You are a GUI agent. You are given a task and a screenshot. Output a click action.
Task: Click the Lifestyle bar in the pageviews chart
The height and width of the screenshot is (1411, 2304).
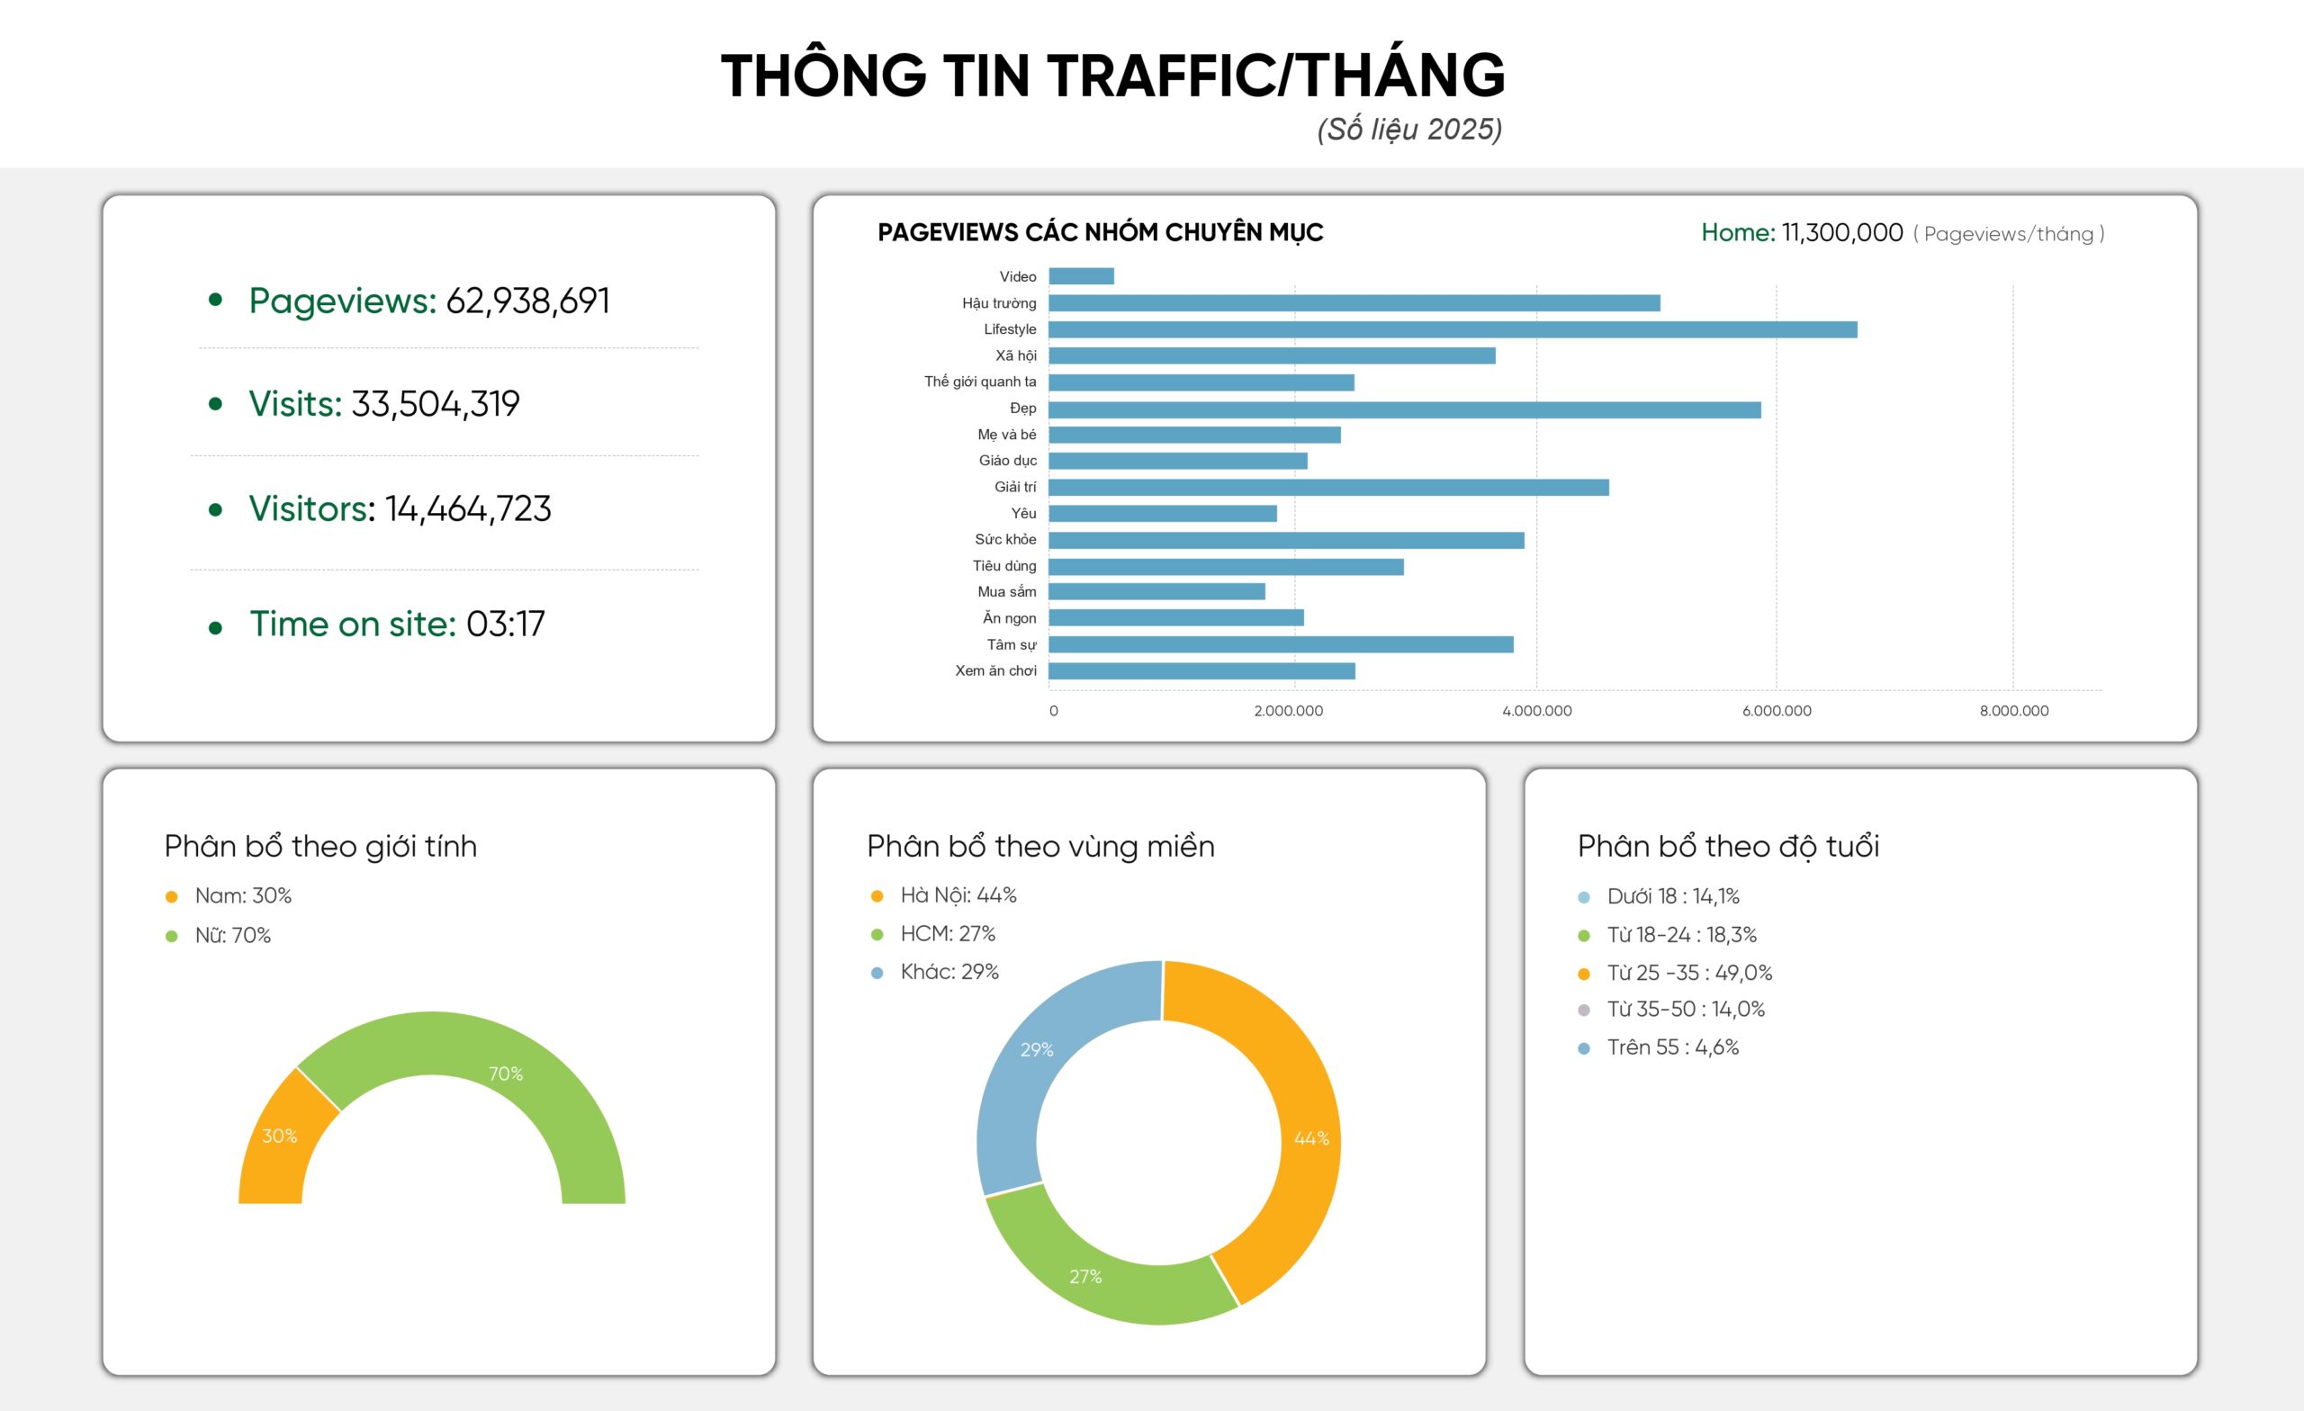(1453, 329)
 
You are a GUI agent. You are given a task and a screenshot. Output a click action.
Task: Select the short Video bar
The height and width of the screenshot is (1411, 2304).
(1081, 276)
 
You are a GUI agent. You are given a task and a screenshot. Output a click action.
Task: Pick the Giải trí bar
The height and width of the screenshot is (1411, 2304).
(1327, 487)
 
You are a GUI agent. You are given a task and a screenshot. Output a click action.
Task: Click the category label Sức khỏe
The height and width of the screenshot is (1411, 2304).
(1005, 540)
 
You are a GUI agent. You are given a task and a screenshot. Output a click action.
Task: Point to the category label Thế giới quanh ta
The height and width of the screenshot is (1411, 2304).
(980, 382)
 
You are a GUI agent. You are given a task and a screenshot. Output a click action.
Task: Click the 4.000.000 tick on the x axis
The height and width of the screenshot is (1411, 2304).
(1536, 711)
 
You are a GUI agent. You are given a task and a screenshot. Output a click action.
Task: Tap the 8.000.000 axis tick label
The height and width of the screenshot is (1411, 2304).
(2013, 711)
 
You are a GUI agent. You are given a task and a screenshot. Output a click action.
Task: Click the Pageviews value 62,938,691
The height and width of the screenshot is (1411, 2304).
(527, 301)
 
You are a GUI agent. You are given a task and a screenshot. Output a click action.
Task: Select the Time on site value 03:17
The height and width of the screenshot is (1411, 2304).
(505, 624)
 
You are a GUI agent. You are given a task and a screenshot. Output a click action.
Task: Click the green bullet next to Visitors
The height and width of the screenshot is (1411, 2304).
(215, 509)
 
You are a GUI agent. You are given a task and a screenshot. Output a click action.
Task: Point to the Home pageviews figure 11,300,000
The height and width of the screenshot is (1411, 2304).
(1841, 233)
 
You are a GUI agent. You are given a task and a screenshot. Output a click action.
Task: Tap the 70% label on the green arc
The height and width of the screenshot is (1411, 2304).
(506, 1074)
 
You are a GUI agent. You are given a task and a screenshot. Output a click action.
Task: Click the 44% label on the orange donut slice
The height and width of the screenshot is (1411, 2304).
(1311, 1138)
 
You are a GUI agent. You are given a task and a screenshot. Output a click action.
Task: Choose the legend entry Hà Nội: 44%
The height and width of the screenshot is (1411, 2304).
(958, 894)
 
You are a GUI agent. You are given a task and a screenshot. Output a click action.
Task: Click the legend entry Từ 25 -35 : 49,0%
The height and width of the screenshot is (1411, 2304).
(1688, 973)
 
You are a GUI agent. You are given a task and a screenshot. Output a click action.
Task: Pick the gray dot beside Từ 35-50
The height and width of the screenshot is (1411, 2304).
(1583, 1010)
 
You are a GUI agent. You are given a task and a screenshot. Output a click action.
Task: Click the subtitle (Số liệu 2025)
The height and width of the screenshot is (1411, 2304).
(1409, 129)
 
